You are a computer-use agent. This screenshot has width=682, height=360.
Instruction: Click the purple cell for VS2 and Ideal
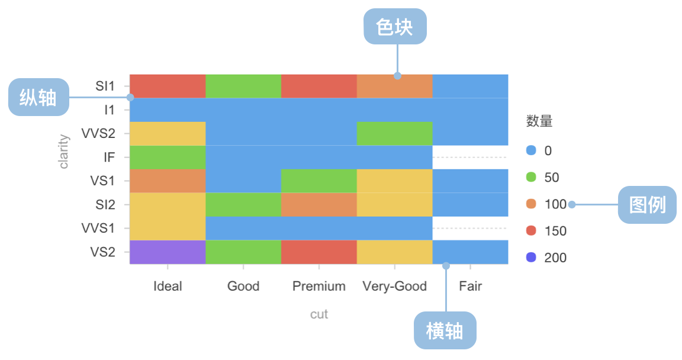(x=168, y=252)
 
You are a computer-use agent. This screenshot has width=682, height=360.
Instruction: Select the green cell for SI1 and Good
(x=243, y=86)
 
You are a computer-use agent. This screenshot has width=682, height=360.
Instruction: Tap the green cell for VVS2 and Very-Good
(x=394, y=133)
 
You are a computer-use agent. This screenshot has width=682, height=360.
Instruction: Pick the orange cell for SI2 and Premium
(x=319, y=204)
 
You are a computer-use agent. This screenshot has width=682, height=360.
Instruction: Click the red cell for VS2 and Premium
(x=319, y=252)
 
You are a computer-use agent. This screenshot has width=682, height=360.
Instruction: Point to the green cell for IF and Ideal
(x=168, y=157)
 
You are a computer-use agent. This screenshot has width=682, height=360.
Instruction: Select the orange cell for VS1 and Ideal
(x=168, y=181)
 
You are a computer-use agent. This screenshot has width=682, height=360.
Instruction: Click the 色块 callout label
(x=395, y=27)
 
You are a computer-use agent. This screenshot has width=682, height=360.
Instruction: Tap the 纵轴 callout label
(x=38, y=97)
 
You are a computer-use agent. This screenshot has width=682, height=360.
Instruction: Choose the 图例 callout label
(x=647, y=205)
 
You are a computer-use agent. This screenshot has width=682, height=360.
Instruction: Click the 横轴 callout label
(x=445, y=330)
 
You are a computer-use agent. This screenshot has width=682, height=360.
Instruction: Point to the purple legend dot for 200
(x=531, y=258)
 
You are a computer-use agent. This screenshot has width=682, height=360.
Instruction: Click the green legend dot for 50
(x=531, y=177)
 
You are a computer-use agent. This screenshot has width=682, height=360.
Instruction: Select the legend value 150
(x=555, y=231)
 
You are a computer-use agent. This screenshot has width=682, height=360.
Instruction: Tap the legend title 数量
(x=539, y=121)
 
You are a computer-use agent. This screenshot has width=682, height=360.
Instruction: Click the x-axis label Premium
(x=319, y=286)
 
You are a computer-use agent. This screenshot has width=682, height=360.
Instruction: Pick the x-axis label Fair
(x=470, y=286)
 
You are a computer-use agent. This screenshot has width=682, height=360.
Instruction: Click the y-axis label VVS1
(x=98, y=228)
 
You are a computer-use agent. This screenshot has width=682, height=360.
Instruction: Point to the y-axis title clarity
(x=63, y=152)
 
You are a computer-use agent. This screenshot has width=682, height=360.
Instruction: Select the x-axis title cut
(x=319, y=314)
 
